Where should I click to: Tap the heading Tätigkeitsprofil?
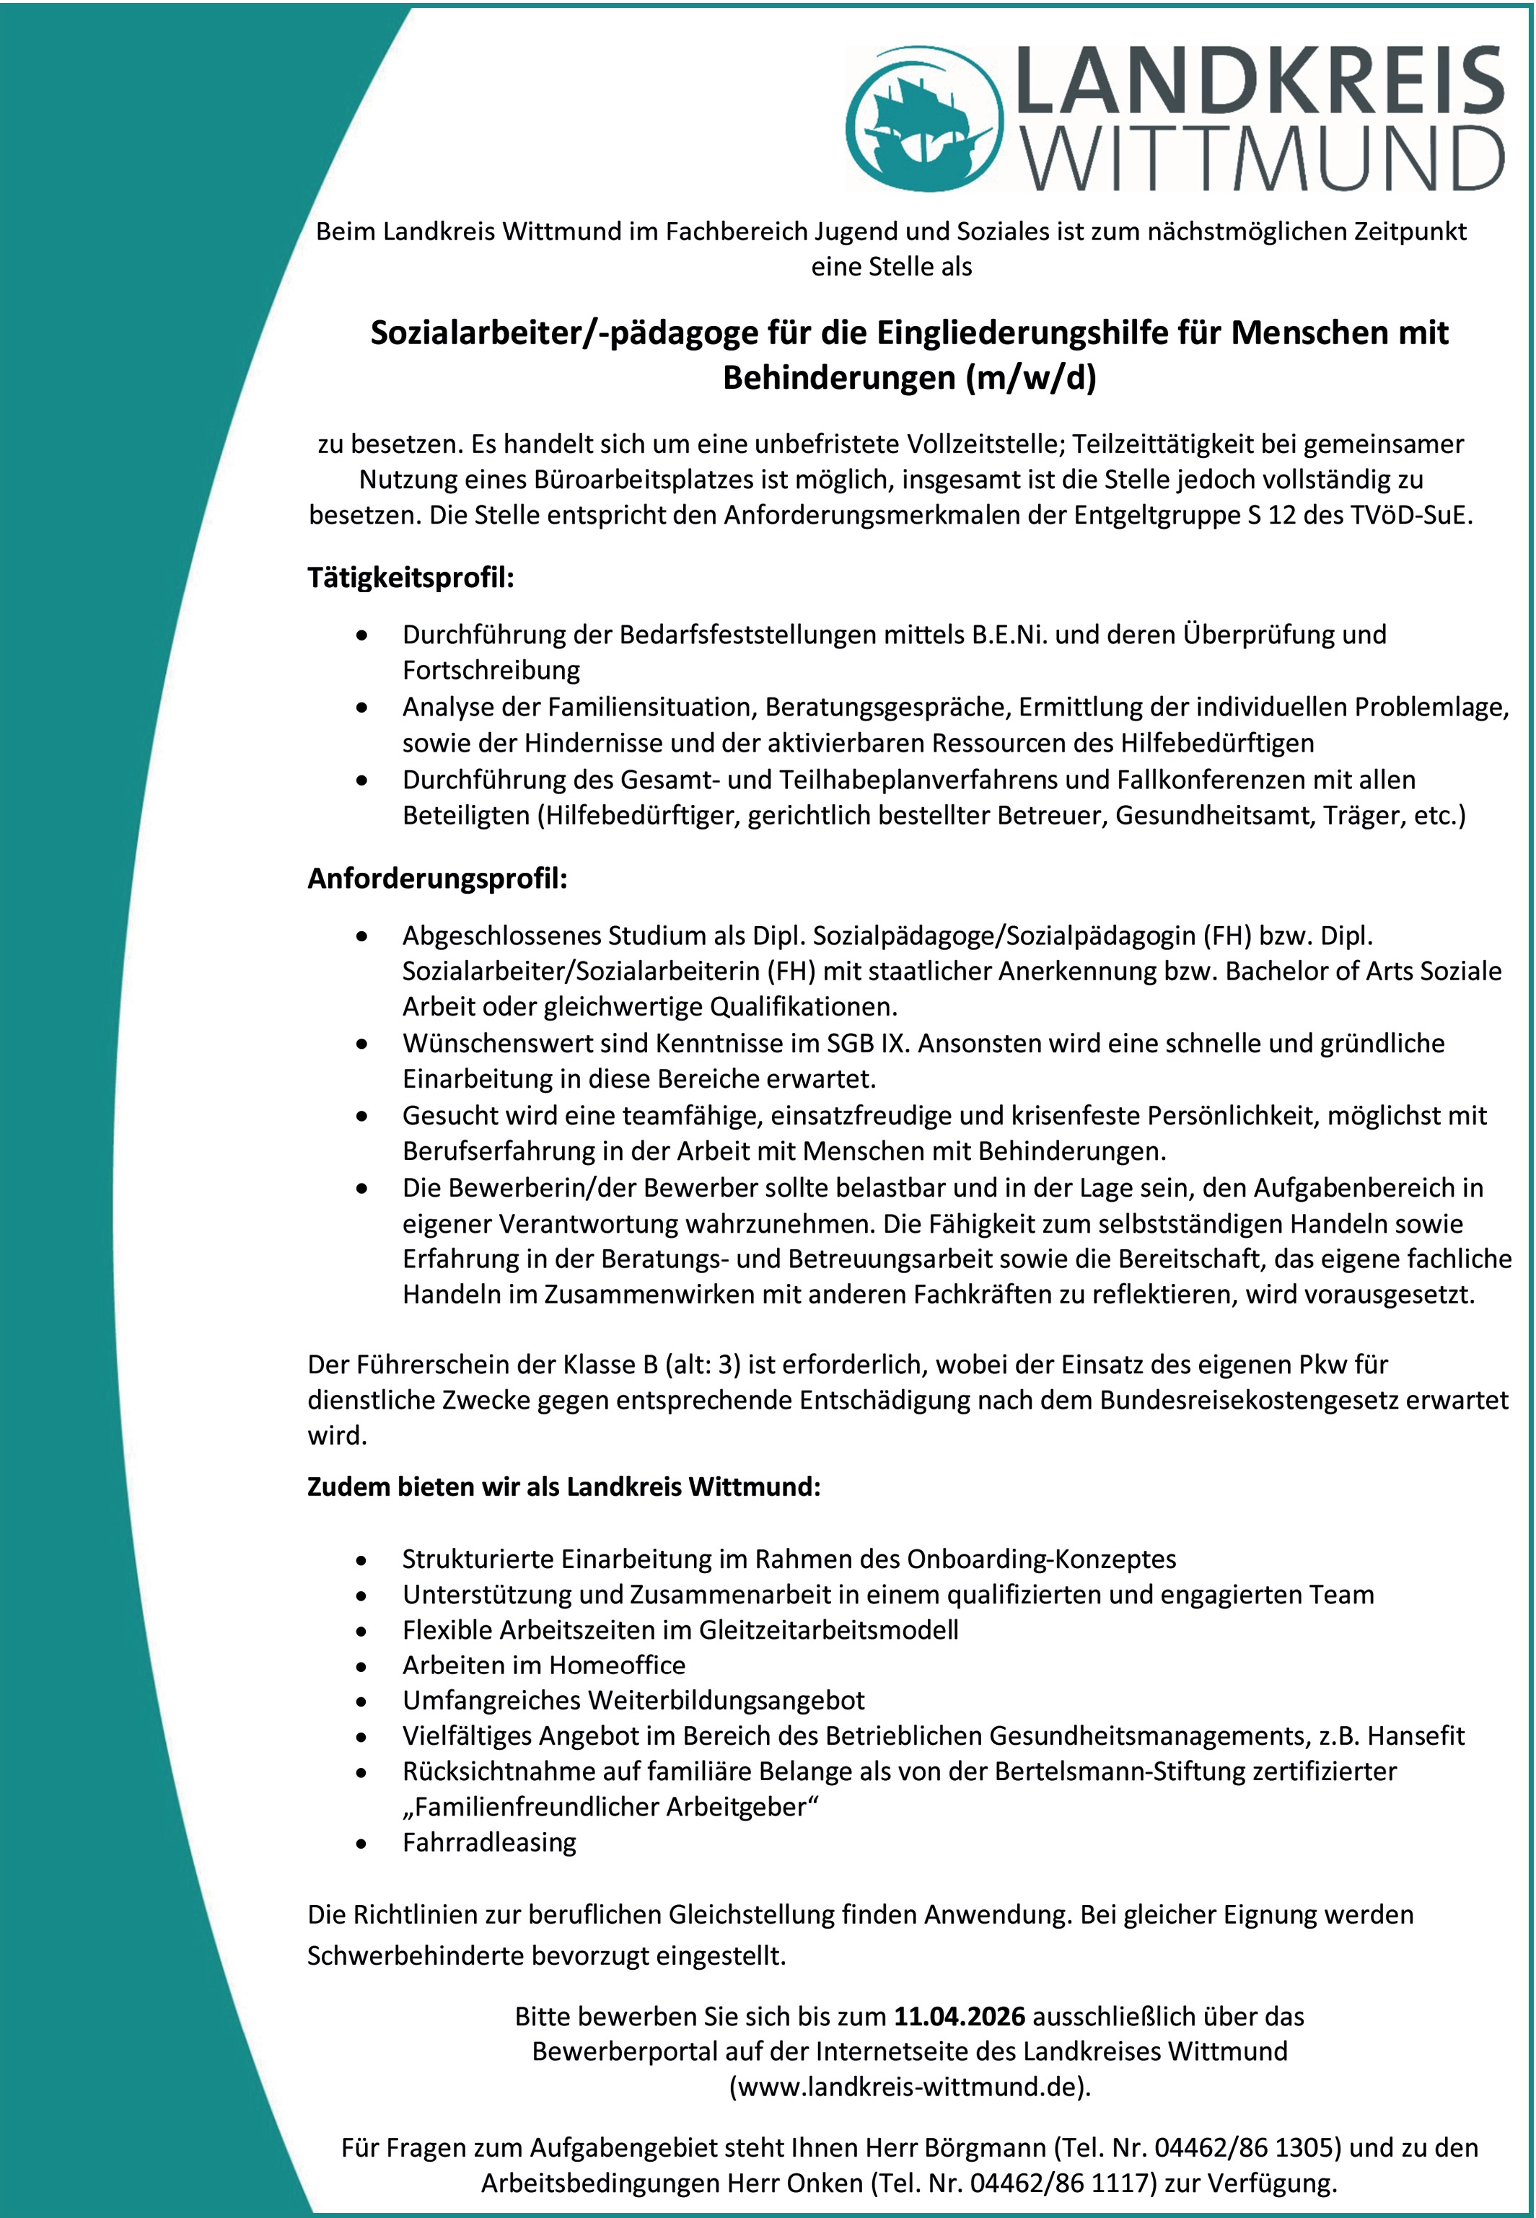click(x=411, y=578)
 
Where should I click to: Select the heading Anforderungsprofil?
click(x=437, y=879)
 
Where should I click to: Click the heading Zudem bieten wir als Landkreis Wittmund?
click(x=564, y=1487)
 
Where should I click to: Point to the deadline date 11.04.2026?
click(x=960, y=2016)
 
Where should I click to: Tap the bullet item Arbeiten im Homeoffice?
click(x=544, y=1665)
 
